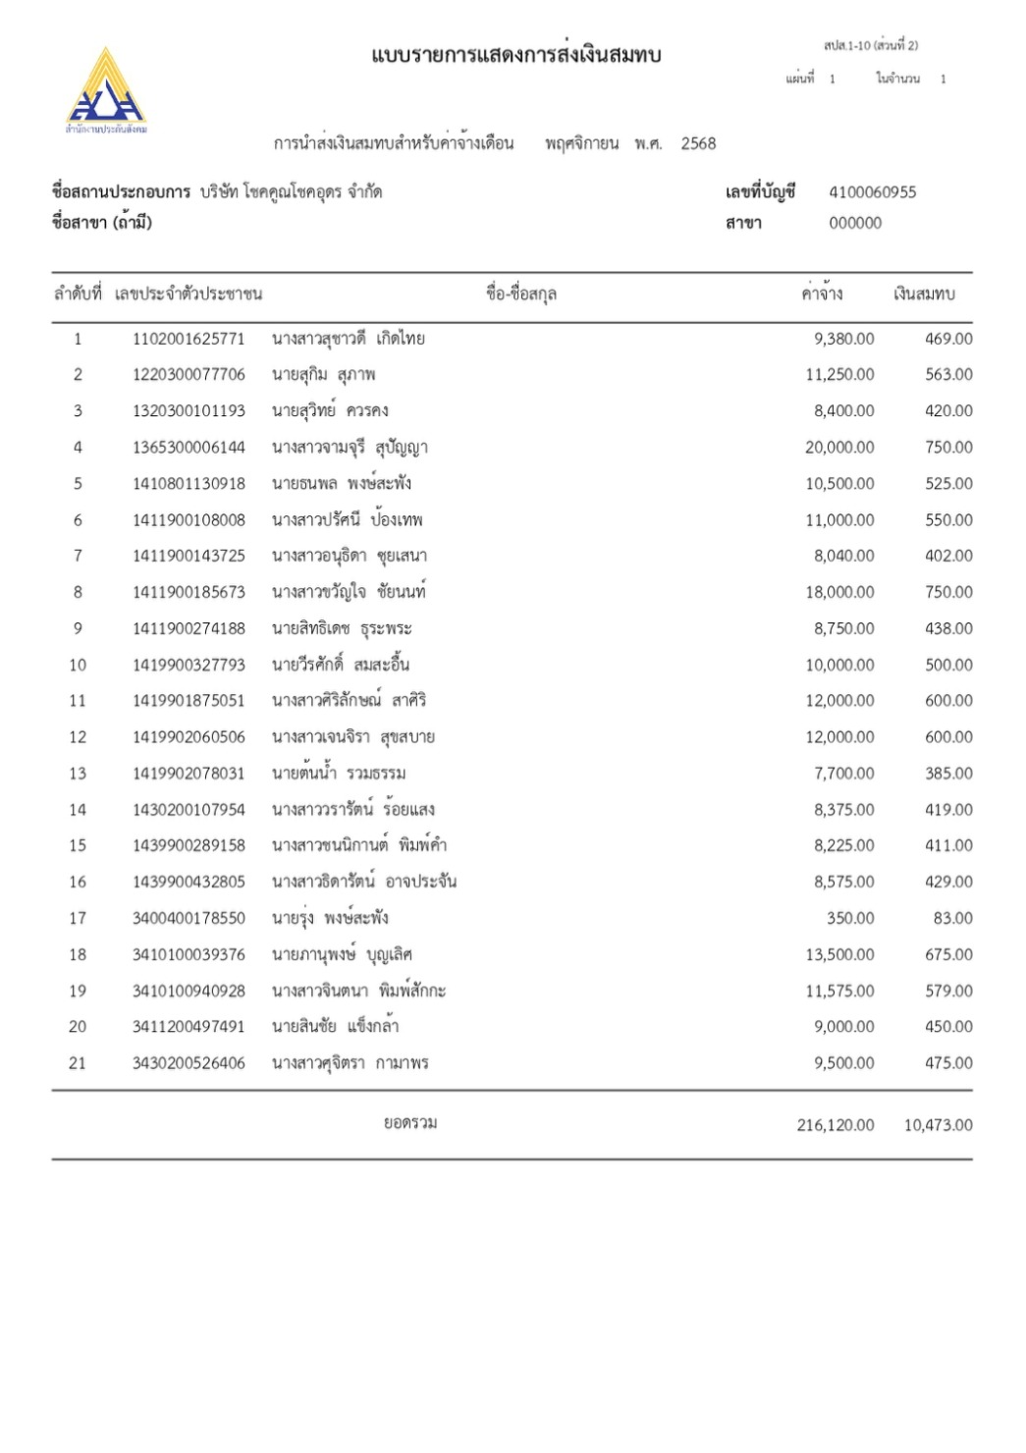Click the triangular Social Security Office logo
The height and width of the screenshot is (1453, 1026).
click(105, 88)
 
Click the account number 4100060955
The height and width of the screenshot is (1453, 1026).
click(872, 192)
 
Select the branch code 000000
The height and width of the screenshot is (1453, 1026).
click(855, 223)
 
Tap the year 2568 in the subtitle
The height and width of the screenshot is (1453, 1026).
click(698, 143)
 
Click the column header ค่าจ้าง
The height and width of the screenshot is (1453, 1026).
click(822, 294)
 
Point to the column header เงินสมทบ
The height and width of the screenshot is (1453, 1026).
click(923, 294)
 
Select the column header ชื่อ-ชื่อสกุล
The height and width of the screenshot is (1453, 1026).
click(521, 294)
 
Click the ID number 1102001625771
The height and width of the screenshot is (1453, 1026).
click(189, 339)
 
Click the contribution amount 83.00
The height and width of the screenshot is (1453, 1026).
click(952, 918)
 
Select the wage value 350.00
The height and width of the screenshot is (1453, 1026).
click(850, 918)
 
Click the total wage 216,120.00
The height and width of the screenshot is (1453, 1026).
click(835, 1125)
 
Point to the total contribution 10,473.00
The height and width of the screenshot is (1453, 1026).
click(938, 1125)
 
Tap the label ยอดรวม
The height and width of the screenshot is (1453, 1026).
click(410, 1122)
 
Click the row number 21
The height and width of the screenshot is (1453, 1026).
click(78, 1063)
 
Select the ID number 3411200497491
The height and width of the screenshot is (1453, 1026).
click(189, 1027)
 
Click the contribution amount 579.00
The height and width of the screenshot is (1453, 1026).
click(948, 991)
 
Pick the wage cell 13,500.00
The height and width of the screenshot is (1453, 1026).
click(839, 954)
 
